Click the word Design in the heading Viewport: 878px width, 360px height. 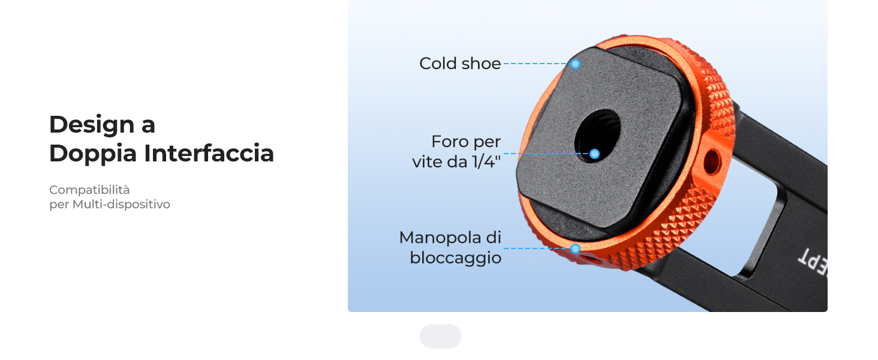click(92, 125)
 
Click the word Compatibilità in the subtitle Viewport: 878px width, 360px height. click(89, 190)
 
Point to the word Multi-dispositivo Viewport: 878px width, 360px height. click(122, 205)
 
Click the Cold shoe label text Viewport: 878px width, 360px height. click(460, 64)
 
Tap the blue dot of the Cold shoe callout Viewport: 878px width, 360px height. click(575, 64)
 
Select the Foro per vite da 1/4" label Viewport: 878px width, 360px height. click(456, 152)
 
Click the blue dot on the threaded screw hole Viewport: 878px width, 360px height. click(594, 154)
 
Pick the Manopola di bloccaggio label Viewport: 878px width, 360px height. click(450, 248)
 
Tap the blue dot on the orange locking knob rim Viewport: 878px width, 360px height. click(575, 248)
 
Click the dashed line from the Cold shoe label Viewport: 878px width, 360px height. click(537, 64)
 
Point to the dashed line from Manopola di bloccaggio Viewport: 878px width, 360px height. click(537, 248)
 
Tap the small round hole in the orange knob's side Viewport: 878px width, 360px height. click(711, 161)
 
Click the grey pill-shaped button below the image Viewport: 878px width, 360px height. click(441, 336)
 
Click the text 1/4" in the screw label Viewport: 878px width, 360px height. click(486, 162)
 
